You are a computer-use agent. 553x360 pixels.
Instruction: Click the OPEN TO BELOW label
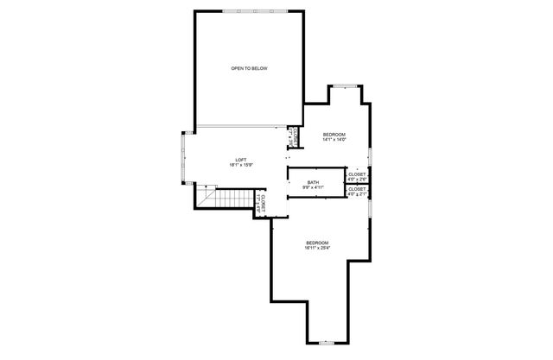pyautogui.click(x=248, y=68)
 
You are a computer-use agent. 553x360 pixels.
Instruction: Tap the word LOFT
pyautogui.click(x=241, y=159)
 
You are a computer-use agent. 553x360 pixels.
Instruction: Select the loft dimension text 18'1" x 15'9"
pyautogui.click(x=241, y=165)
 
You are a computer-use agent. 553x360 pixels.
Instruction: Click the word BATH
pyautogui.click(x=312, y=181)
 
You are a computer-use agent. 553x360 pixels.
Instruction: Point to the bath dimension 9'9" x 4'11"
pyautogui.click(x=312, y=186)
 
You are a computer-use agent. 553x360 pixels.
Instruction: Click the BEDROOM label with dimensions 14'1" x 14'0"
pyautogui.click(x=334, y=135)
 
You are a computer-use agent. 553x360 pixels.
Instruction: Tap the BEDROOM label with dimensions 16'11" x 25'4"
pyautogui.click(x=317, y=243)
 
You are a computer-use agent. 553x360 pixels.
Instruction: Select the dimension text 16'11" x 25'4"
pyautogui.click(x=317, y=249)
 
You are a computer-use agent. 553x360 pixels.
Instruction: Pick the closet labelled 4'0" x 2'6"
pyautogui.click(x=357, y=175)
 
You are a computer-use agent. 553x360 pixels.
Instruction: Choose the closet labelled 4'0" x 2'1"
pyautogui.click(x=357, y=192)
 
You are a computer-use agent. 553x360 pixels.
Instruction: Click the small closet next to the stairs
pyautogui.click(x=262, y=205)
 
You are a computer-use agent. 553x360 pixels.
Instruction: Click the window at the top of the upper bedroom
pyautogui.click(x=346, y=85)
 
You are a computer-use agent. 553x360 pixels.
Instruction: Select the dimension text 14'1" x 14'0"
pyautogui.click(x=334, y=140)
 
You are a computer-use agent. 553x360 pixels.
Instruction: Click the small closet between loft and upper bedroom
pyautogui.click(x=294, y=135)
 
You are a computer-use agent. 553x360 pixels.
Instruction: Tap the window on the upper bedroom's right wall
pyautogui.click(x=370, y=155)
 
